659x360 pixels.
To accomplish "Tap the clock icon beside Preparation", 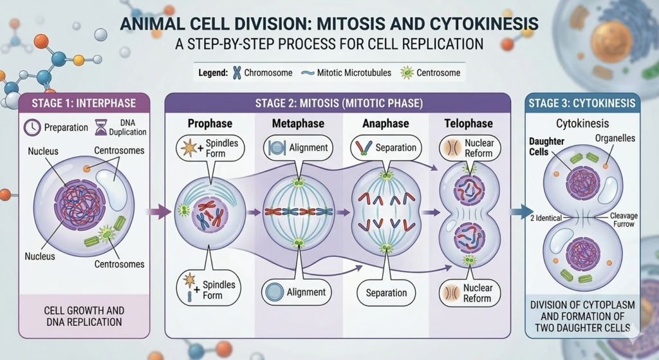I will (32, 128).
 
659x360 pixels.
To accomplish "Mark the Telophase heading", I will (468, 123).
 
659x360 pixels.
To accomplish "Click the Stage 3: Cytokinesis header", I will (581, 103).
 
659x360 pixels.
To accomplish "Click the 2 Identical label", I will (544, 218).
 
